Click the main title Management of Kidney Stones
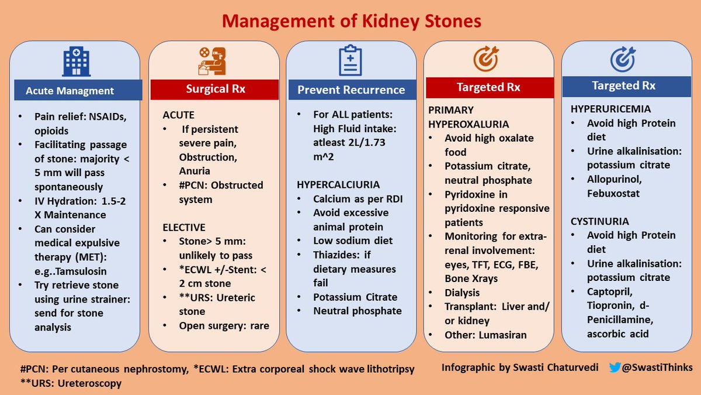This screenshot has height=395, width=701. click(350, 22)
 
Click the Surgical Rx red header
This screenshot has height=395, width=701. click(215, 90)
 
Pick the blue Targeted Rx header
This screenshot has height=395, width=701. click(623, 86)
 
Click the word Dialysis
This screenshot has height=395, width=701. click(462, 292)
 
